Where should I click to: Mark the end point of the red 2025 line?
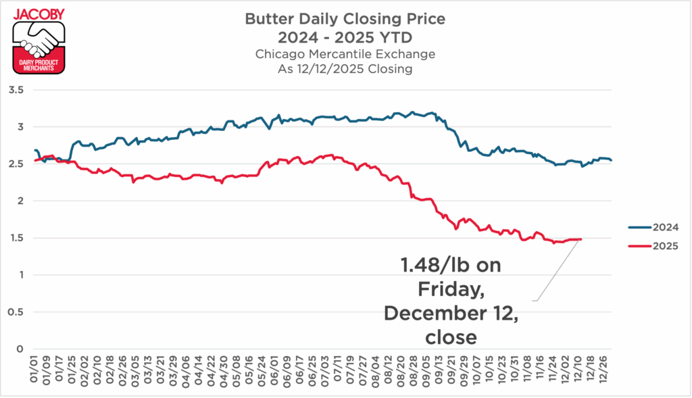(580, 239)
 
